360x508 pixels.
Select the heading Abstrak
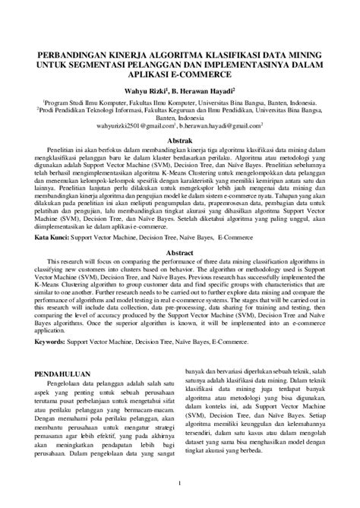(x=179, y=140)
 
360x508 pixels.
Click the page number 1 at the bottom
(x=179, y=483)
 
